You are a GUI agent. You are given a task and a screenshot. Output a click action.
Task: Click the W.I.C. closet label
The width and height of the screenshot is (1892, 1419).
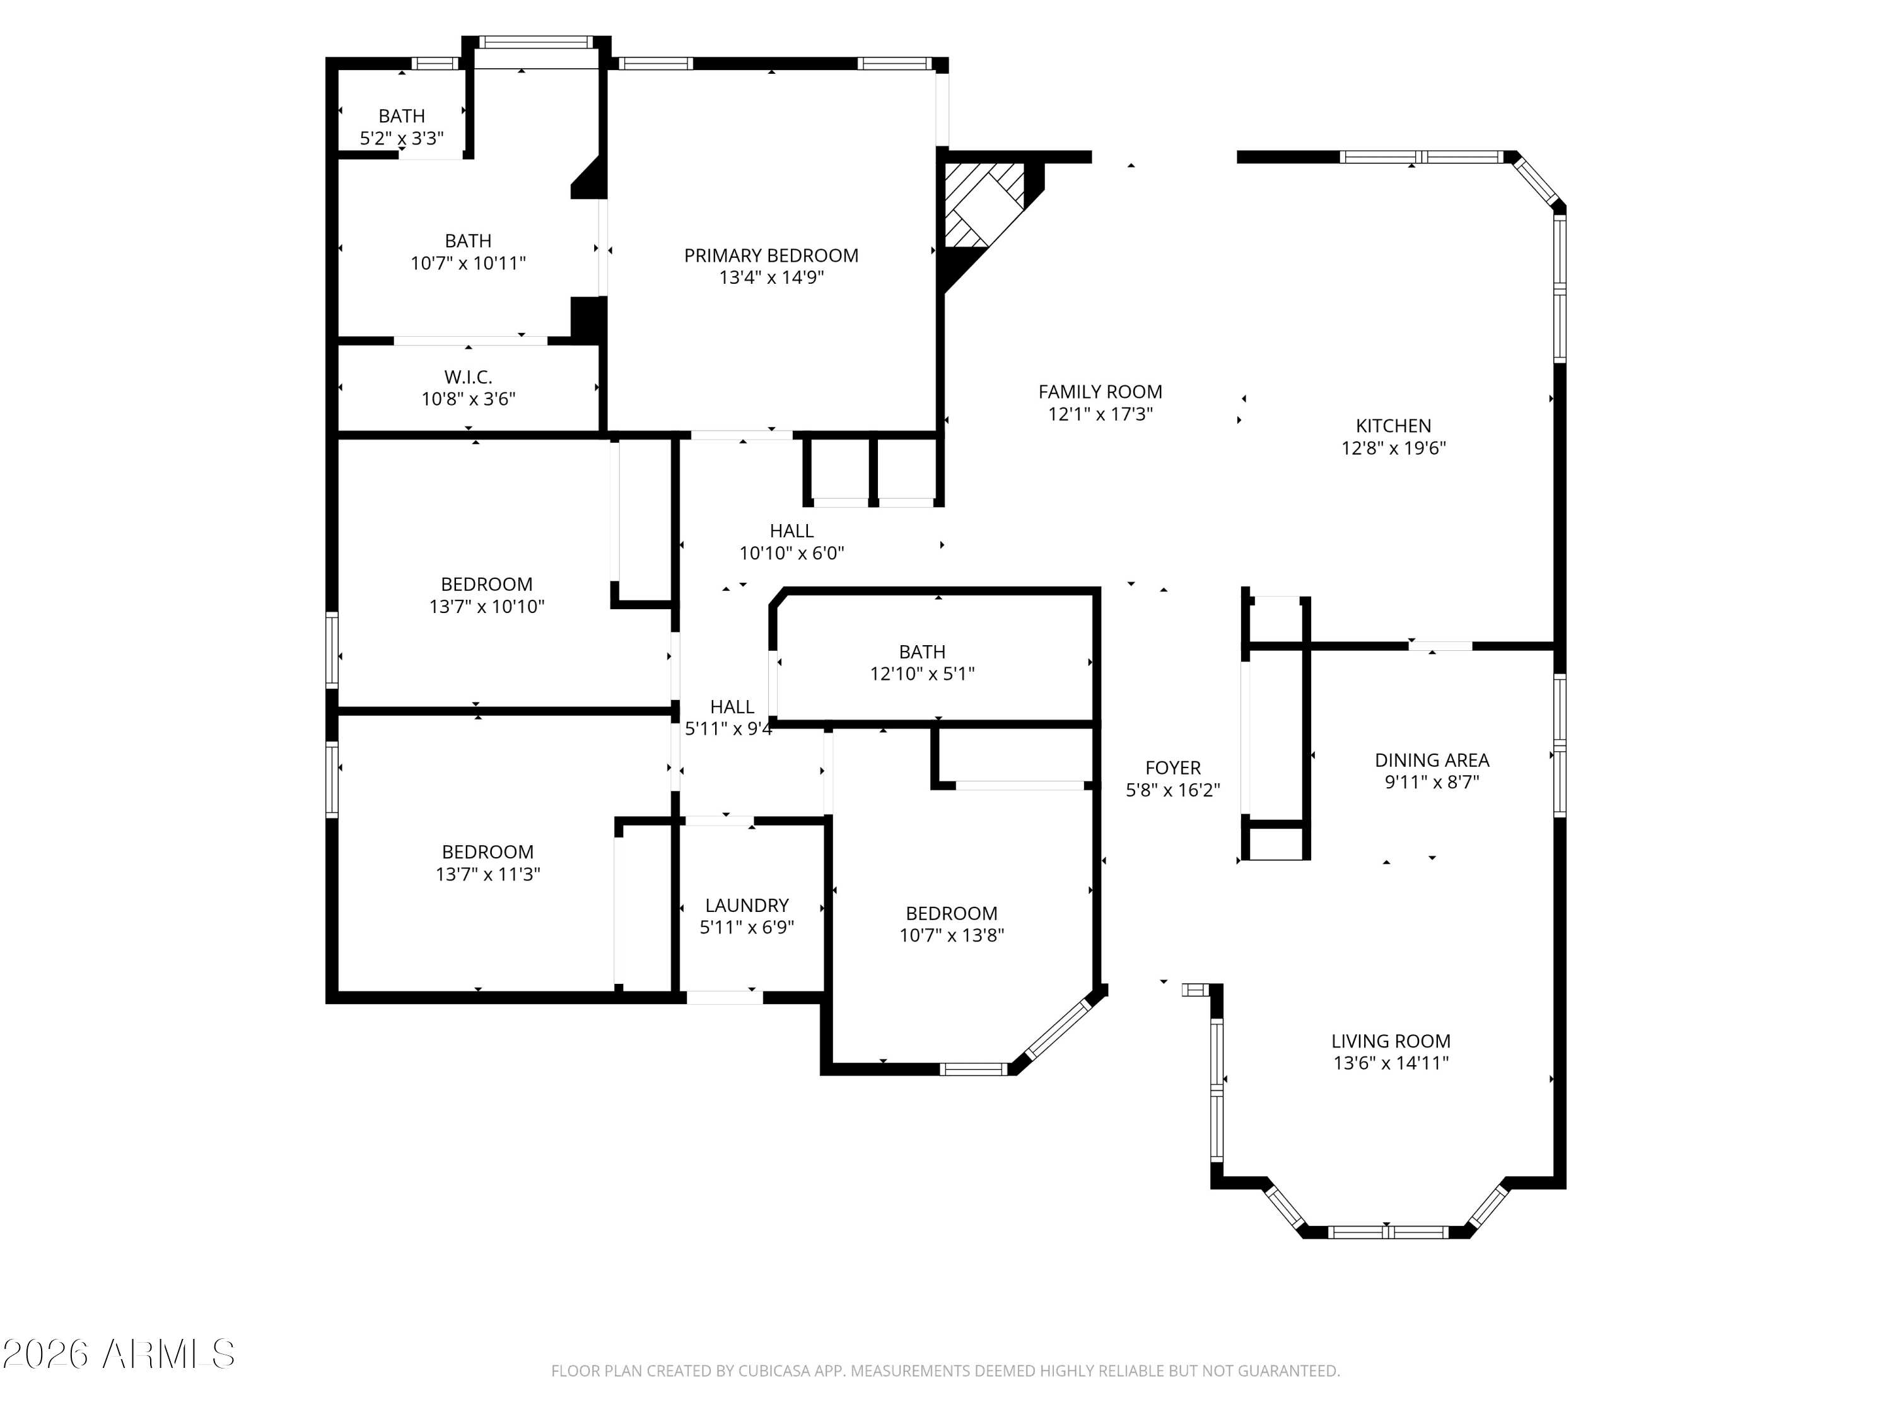[x=468, y=377]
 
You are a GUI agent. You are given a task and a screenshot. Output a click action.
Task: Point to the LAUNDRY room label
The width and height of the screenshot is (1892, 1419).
[x=747, y=905]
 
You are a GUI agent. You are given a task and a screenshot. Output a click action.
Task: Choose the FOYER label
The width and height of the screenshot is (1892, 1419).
[x=1172, y=768]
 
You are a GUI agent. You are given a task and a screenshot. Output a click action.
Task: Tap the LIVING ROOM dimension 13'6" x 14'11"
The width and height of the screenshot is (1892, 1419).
[x=1390, y=1063]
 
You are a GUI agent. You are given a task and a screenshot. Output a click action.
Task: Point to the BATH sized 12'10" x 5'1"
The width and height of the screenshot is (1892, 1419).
[x=922, y=663]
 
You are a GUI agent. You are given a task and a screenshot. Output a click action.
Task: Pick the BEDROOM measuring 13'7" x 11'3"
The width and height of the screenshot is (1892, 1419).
[x=488, y=863]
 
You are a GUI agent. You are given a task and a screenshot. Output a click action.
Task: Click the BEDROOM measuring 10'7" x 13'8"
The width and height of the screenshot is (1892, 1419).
[x=951, y=925]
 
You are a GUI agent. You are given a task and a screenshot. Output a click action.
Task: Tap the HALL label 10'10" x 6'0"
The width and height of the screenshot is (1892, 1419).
[x=791, y=541]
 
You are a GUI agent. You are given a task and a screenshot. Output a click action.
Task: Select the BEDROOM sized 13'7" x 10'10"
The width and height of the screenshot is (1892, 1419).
[x=487, y=595]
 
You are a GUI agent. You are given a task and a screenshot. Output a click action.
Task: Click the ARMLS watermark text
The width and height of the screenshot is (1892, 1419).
[x=166, y=1354]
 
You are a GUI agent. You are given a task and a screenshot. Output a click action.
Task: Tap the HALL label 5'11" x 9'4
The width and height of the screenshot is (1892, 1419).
[x=730, y=718]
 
